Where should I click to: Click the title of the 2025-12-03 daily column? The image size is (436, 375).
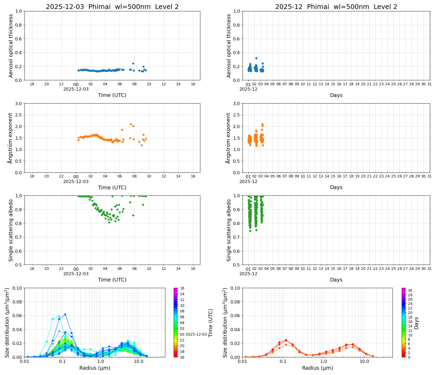[112, 7]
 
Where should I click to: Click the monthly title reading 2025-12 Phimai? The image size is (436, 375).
[336, 7]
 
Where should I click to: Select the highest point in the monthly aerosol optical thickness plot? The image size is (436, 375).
[256, 58]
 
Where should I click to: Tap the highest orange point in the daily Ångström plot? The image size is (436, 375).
[131, 124]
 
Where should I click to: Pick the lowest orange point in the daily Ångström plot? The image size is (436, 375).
[142, 145]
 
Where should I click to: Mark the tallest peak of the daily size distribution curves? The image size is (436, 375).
[65, 315]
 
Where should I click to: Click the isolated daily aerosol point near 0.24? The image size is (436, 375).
[133, 63]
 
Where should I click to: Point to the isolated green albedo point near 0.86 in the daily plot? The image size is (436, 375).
[133, 215]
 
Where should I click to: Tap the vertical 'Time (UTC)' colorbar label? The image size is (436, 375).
[211, 323]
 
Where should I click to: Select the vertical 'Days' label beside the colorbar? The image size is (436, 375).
[416, 323]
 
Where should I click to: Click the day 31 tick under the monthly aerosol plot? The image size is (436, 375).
[429, 84]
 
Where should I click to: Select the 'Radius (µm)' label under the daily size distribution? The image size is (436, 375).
[95, 368]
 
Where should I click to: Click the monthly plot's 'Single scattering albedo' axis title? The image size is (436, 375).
[229, 230]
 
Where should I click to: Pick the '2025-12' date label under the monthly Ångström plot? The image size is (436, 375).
[248, 181]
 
